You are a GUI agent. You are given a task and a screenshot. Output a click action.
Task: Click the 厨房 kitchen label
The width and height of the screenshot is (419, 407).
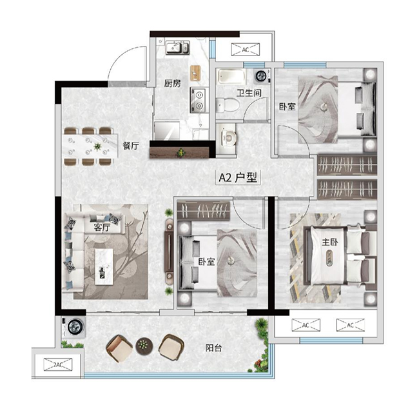click(x=172, y=84)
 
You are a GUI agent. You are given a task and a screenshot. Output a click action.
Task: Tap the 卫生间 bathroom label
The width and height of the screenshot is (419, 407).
click(x=249, y=93)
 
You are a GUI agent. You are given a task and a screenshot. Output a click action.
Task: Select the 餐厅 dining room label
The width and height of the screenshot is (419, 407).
click(x=131, y=146)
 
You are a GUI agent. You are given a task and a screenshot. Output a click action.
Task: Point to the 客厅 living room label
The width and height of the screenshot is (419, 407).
click(x=102, y=227)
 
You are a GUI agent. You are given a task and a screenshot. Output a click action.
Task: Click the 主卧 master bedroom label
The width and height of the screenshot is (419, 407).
click(x=330, y=242)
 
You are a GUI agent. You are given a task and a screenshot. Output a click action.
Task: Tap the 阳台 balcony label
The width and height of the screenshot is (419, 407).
click(x=213, y=348)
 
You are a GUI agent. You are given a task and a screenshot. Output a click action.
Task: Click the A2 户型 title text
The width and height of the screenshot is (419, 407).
click(x=238, y=177)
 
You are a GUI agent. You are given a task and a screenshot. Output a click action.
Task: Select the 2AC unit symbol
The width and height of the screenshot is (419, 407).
click(x=58, y=364)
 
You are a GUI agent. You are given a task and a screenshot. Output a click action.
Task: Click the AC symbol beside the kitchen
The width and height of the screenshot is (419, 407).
click(x=246, y=50)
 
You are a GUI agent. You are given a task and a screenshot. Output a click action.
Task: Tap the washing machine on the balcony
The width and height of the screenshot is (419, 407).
click(x=74, y=327)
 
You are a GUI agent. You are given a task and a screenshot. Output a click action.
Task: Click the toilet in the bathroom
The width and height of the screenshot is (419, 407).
click(x=227, y=105)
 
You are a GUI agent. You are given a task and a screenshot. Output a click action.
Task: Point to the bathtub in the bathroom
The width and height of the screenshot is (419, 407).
click(x=231, y=76)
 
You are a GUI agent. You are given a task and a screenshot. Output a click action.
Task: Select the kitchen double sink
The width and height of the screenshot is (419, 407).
click(x=177, y=48)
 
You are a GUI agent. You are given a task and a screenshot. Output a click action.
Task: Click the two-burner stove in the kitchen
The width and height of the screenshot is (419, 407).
click(x=199, y=100)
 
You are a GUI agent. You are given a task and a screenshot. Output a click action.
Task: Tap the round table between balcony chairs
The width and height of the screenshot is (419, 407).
click(x=144, y=346)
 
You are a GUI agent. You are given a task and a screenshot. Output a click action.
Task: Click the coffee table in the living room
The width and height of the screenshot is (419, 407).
click(x=104, y=266)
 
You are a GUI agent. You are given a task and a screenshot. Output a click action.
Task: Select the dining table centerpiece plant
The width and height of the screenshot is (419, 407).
click(x=97, y=146)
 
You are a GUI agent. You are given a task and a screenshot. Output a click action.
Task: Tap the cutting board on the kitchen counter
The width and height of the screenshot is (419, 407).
click(x=195, y=73)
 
